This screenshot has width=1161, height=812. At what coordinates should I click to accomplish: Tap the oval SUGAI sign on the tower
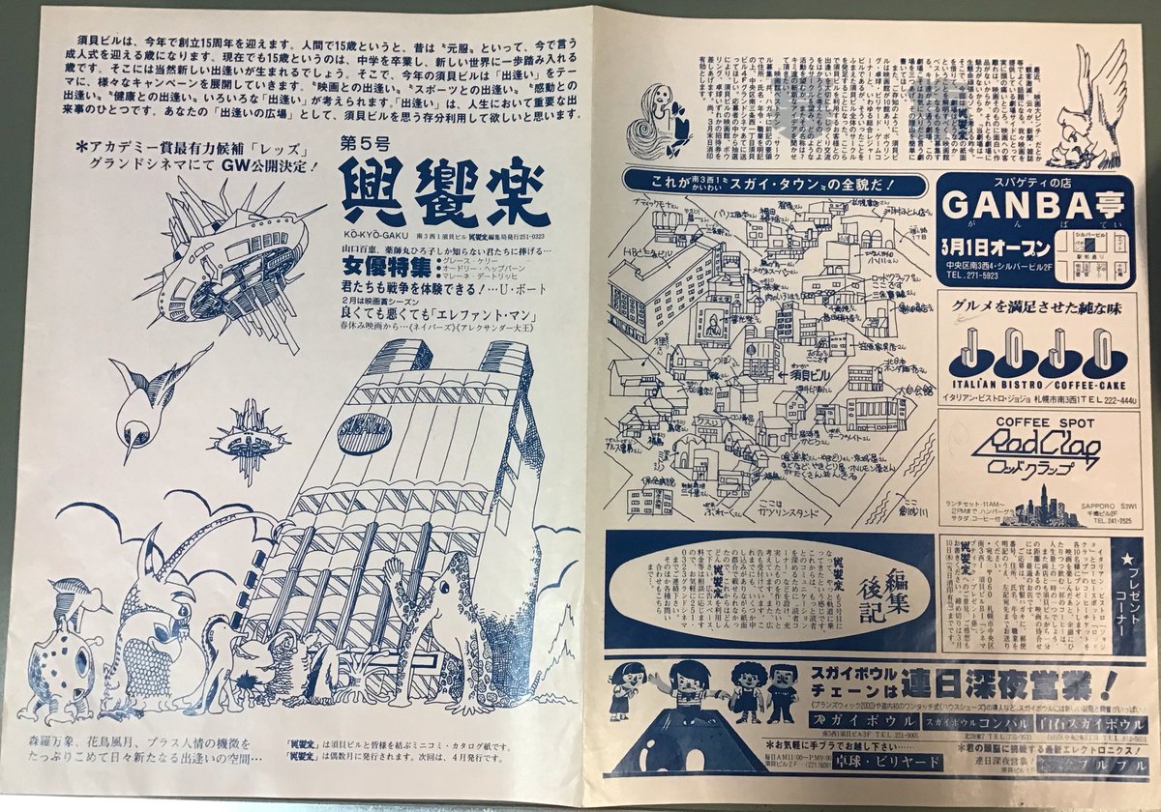click(364, 434)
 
